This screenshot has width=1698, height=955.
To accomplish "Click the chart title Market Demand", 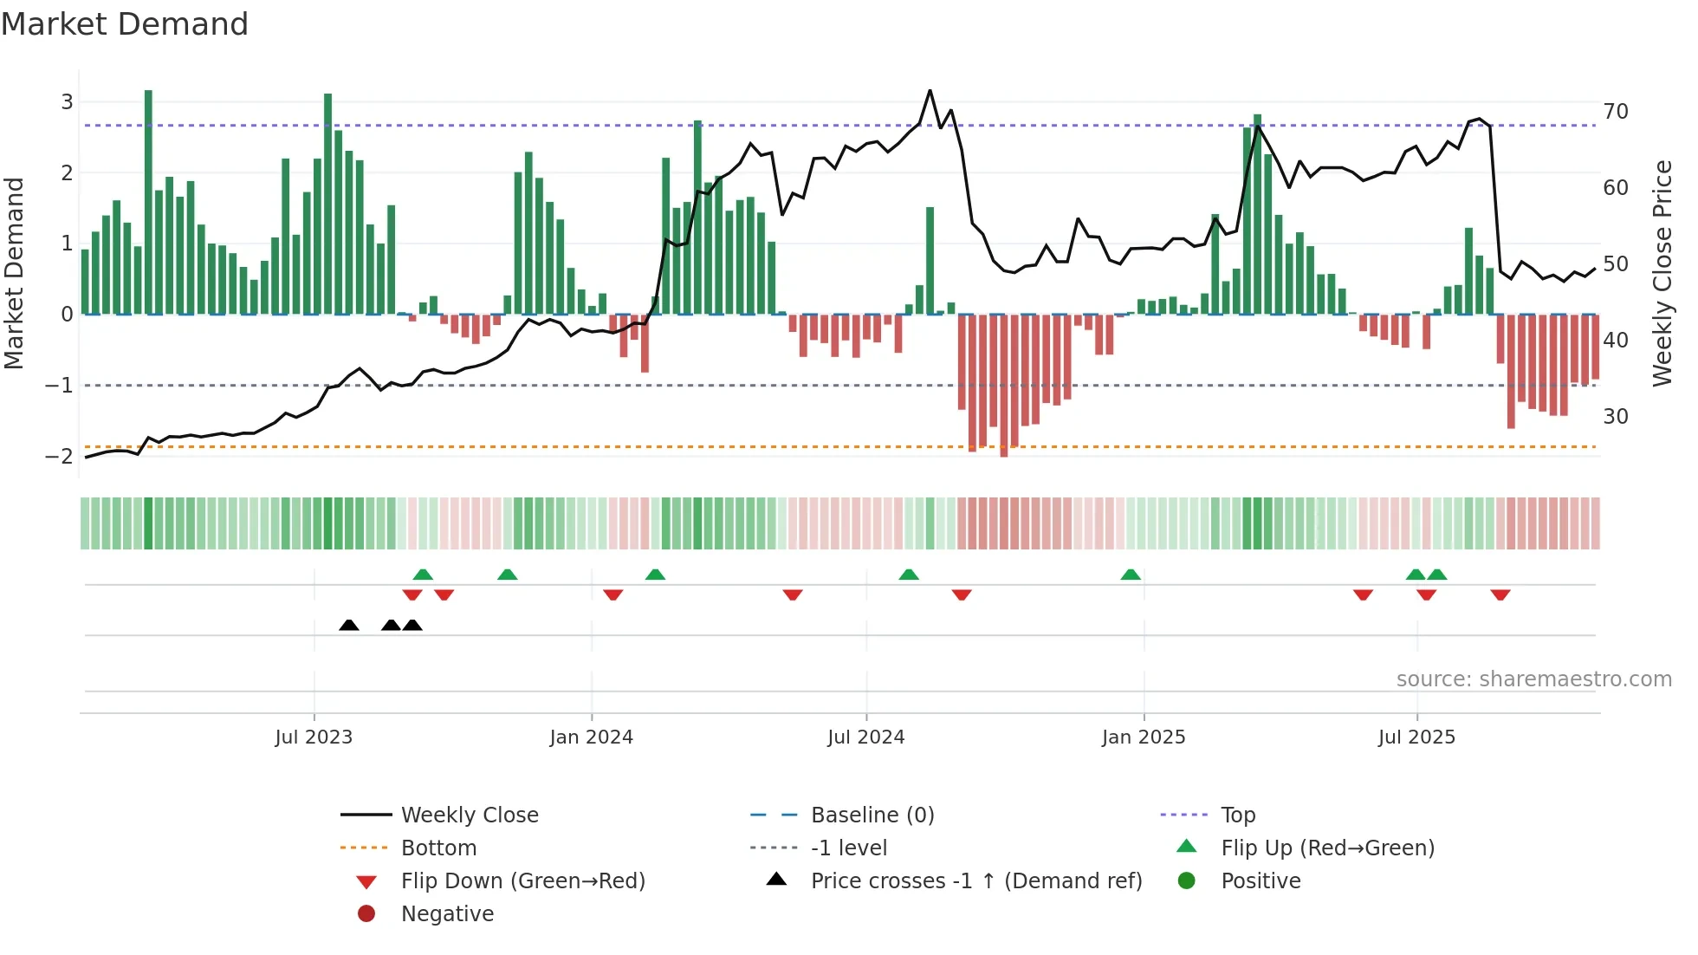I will (125, 24).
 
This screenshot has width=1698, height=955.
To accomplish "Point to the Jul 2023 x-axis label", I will (314, 737).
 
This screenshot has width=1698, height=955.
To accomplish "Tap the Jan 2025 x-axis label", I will (1144, 737).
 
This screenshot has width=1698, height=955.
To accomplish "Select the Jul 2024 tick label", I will (865, 737).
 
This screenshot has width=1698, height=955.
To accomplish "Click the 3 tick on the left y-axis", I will (67, 102).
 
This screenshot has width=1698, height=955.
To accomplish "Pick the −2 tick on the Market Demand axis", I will (60, 456).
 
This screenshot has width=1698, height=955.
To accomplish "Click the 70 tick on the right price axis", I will (1615, 112).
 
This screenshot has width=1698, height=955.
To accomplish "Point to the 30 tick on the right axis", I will (1615, 417).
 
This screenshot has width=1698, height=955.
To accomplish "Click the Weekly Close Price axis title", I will (1662, 273).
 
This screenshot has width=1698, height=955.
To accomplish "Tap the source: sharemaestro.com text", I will (1533, 679).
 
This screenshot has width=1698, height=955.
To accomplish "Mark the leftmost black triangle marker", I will (349, 626).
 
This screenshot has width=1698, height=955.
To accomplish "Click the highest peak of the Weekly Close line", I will (930, 90).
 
